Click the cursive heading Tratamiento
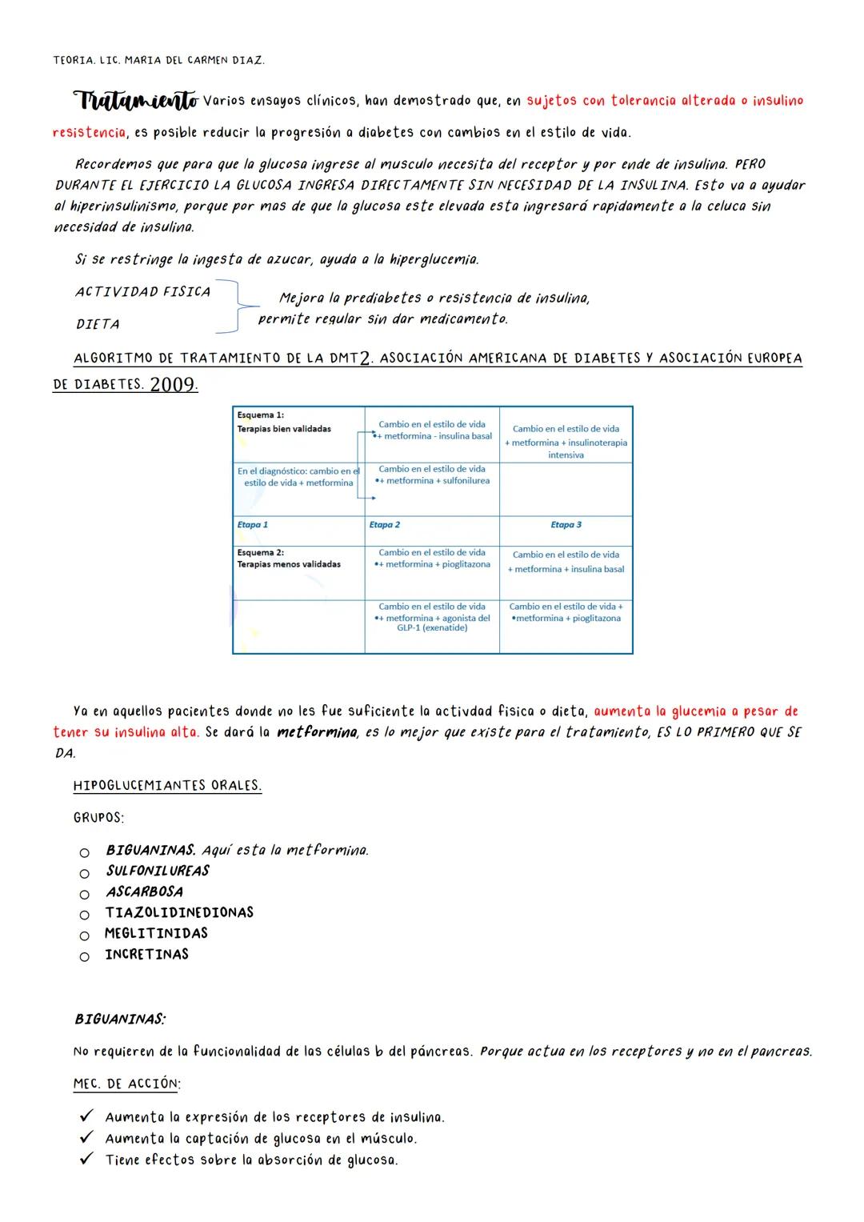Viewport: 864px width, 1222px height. (135, 102)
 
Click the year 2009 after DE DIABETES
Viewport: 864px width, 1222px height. (173, 385)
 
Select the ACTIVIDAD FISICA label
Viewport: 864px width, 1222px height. (142, 292)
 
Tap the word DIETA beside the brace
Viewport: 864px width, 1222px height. (98, 324)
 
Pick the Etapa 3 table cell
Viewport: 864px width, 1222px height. (566, 525)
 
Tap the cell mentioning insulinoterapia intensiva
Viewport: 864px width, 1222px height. (566, 442)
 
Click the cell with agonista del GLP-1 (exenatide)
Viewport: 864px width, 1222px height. (432, 617)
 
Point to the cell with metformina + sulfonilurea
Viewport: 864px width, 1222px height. (432, 475)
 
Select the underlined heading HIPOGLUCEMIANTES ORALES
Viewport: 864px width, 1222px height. (167, 786)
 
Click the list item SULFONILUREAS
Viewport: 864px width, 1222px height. (158, 871)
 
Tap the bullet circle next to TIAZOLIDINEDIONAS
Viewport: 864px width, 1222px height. (84, 914)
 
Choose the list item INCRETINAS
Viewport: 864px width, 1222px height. (147, 955)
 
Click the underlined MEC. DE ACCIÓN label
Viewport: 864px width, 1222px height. (126, 1084)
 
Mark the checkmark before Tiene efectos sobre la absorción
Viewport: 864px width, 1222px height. (87, 1159)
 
